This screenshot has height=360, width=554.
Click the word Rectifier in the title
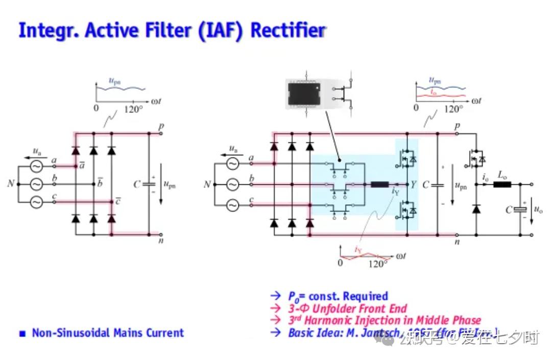pos(288,30)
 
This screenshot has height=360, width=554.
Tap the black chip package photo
pos(307,93)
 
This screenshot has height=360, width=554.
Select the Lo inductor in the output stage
pos(502,184)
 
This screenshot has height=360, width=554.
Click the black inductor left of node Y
pos(379,184)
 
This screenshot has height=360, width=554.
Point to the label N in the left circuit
pos(10,184)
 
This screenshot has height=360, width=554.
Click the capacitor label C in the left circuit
pos(136,184)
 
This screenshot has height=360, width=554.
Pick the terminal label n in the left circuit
pos(161,241)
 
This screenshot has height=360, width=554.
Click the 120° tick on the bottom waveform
pos(378,263)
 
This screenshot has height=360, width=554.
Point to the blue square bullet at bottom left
pos(22,334)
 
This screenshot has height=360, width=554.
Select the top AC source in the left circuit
pos(36,166)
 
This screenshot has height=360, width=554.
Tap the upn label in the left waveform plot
pos(115,80)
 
